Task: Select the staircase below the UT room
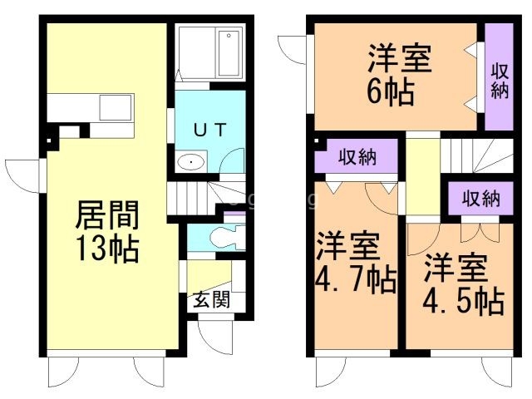tap(196, 198)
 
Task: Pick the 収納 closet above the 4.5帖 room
tap(480, 199)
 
